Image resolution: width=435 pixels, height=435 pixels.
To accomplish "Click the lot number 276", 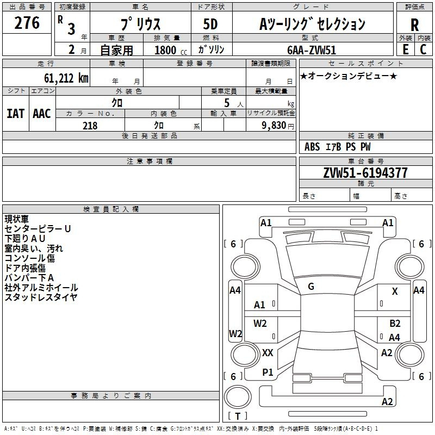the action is click(x=27, y=23).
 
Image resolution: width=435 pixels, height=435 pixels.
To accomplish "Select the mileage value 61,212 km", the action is click(x=66, y=78).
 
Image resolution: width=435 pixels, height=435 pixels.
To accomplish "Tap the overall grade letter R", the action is click(x=414, y=25).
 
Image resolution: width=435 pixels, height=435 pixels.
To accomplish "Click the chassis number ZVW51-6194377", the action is click(x=365, y=173).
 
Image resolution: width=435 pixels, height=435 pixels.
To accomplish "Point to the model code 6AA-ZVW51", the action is click(x=312, y=50).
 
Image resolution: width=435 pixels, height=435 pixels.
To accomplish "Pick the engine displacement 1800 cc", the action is click(x=171, y=50).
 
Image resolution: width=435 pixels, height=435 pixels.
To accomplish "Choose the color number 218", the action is click(x=90, y=126).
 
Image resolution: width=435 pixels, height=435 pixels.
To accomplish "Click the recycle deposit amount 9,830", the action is click(x=274, y=126).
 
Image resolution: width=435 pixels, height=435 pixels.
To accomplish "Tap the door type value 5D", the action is click(x=210, y=24).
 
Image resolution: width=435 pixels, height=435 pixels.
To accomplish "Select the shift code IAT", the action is click(x=16, y=114).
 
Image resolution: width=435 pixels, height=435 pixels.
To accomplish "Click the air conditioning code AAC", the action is click(x=42, y=114).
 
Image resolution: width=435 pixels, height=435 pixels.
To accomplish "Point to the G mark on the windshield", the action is click(x=311, y=287).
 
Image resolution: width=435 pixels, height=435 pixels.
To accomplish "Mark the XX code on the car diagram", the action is click(x=268, y=353).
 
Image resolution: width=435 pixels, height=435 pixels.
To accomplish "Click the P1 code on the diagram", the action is click(x=268, y=372).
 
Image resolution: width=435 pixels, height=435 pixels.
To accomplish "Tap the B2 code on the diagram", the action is click(x=395, y=323).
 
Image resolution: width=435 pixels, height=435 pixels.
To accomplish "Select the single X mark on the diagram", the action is click(x=395, y=291).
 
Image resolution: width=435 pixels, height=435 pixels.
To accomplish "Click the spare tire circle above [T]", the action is click(x=238, y=397).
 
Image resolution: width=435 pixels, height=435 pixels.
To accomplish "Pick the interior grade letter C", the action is click(x=423, y=49).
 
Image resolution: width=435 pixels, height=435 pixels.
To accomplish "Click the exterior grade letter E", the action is click(x=406, y=49).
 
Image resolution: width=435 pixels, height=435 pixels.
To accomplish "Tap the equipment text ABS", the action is click(x=312, y=146).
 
